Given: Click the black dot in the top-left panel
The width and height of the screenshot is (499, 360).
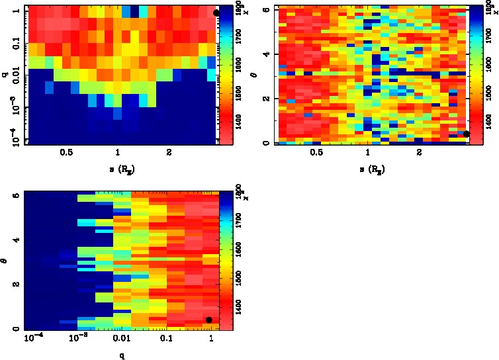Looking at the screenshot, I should click(x=216, y=13).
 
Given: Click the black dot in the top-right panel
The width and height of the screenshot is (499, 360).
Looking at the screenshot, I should click(x=467, y=134).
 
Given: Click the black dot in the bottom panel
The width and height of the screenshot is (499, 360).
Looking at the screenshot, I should click(x=209, y=320).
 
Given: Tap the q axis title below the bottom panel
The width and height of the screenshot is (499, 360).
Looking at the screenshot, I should click(x=122, y=355).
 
